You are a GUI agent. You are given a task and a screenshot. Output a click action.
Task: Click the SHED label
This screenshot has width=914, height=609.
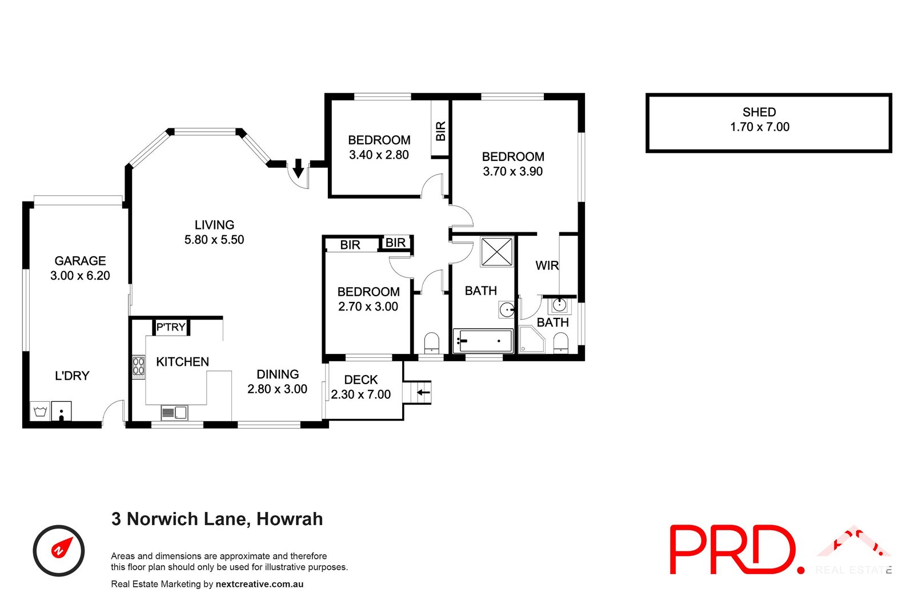[x=759, y=112]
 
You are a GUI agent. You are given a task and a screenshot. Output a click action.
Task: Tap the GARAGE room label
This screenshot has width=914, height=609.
[x=80, y=261]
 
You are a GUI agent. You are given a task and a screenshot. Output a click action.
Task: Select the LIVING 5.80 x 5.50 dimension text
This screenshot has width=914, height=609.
[x=214, y=240]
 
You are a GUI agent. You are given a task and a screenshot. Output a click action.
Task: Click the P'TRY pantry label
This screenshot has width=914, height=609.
[x=171, y=327]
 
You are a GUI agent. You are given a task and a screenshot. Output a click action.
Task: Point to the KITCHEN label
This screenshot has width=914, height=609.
[x=182, y=362]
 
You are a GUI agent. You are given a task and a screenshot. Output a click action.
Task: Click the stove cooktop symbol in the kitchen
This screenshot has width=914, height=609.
[x=138, y=368]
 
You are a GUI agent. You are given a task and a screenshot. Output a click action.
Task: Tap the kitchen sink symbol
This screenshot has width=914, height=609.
[x=174, y=412]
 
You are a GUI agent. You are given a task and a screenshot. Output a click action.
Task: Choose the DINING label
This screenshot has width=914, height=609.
[x=278, y=374]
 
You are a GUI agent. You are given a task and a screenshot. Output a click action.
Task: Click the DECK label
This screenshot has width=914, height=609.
[x=360, y=380]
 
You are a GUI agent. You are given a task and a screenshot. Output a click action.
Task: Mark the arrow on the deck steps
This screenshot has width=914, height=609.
[x=423, y=392]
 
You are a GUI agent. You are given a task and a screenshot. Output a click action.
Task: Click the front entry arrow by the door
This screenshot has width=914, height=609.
[x=298, y=168]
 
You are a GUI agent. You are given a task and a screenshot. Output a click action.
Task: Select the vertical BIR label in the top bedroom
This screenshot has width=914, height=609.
[x=440, y=131]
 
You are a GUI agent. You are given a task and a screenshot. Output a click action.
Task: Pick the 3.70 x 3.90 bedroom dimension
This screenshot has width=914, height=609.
[x=512, y=171]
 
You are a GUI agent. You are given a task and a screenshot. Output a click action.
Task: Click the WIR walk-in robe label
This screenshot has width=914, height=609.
[x=547, y=265]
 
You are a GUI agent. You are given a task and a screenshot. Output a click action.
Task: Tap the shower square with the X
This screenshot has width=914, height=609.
[x=496, y=252]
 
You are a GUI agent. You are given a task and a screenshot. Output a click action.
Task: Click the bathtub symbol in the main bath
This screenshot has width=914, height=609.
[x=483, y=341]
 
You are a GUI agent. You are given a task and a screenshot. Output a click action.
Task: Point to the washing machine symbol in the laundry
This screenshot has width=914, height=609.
[x=40, y=411]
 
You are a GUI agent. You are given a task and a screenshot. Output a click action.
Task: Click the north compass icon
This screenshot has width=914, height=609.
[x=59, y=550]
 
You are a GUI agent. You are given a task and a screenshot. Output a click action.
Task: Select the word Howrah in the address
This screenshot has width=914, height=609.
[x=290, y=519]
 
